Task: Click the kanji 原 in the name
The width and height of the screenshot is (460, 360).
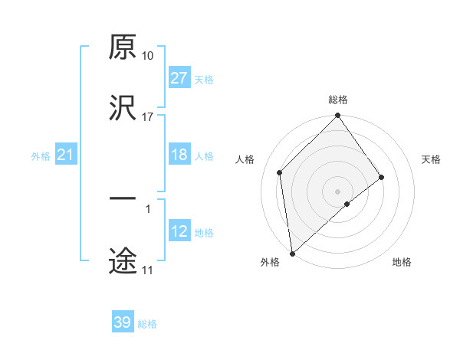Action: tap(123, 47)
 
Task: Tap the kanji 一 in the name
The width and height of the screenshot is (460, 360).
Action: tap(123, 198)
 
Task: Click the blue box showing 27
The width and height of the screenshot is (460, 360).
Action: tap(179, 78)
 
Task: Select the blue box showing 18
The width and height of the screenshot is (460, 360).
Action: tap(179, 155)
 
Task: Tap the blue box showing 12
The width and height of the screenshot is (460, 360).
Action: tap(179, 231)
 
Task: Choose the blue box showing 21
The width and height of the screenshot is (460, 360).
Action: tap(66, 155)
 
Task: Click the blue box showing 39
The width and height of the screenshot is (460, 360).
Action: tap(123, 322)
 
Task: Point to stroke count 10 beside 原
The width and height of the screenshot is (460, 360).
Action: tap(148, 56)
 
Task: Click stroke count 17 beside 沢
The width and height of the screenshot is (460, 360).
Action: tap(148, 116)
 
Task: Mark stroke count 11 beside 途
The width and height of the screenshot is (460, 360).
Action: tap(148, 270)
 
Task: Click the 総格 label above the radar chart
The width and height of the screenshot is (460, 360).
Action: tap(338, 100)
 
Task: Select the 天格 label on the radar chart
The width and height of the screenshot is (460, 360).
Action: tap(432, 159)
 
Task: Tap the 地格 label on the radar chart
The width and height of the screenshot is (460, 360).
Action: tap(402, 262)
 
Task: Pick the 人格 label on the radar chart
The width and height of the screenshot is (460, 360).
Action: tap(245, 159)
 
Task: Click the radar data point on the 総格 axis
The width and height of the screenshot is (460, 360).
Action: tap(338, 116)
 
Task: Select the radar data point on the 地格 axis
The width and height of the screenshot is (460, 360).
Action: tap(347, 204)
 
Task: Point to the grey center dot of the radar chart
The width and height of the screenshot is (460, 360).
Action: tap(338, 191)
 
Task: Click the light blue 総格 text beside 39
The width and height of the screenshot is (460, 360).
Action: tap(147, 324)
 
